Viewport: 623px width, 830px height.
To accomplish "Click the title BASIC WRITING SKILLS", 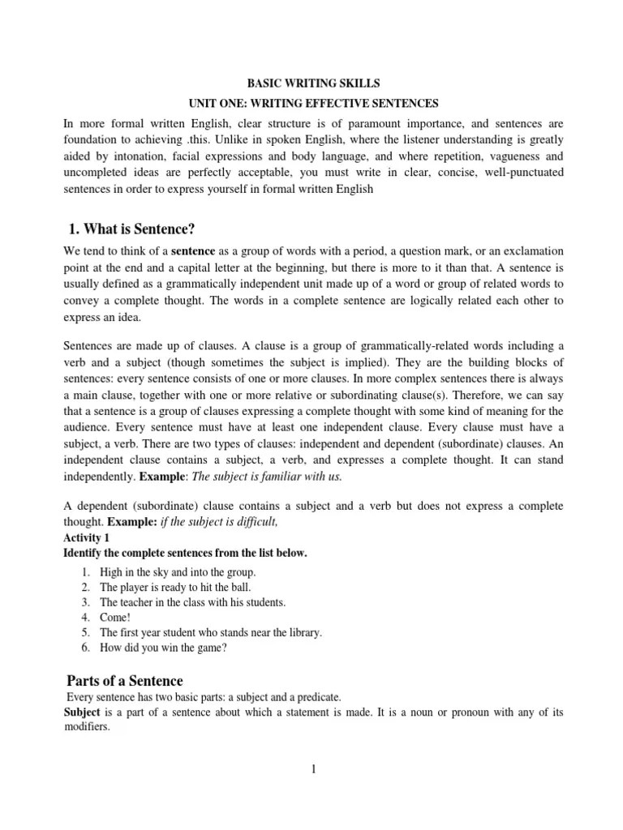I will (311, 83).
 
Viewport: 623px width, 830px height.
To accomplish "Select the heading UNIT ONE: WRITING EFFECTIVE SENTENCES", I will (311, 104).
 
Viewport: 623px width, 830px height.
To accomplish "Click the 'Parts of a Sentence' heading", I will (123, 680).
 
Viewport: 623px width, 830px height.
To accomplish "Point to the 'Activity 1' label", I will (84, 537).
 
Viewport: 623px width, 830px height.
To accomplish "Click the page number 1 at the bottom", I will (312, 769).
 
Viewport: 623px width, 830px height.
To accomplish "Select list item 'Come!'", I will (114, 617).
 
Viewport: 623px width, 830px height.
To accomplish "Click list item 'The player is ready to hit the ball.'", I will (175, 587).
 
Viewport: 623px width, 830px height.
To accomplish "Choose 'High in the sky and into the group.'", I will (178, 572).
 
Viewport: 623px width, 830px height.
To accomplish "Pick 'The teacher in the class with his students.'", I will (192, 602).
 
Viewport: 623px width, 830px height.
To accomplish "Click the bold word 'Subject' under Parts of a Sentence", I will (81, 712).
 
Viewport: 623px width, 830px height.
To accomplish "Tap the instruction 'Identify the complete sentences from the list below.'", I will (185, 553).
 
